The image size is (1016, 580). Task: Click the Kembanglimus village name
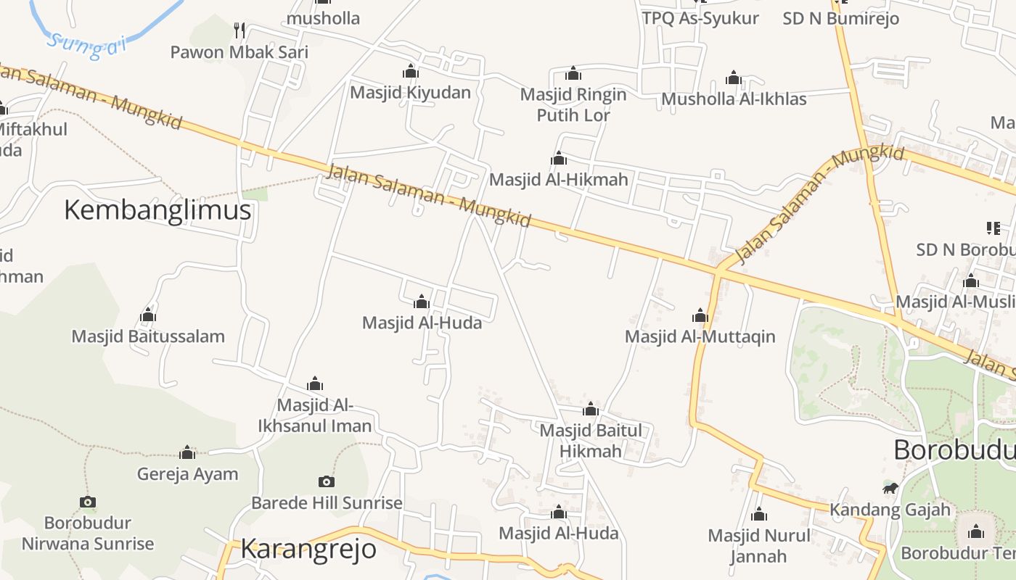coord(157,210)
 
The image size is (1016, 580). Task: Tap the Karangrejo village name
coord(308,549)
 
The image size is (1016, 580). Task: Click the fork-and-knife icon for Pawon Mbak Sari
coord(239,30)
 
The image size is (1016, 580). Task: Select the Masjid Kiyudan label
coord(410,92)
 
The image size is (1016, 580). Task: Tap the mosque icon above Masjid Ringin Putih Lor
coord(573,73)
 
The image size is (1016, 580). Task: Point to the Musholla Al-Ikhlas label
coord(734,99)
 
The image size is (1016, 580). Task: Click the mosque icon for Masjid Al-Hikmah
coord(559,158)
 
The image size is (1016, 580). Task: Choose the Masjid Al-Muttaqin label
coord(700,336)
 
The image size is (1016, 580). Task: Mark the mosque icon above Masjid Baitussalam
coord(148,315)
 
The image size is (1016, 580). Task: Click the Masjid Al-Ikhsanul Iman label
coord(315,415)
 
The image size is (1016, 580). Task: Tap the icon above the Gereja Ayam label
coord(187,453)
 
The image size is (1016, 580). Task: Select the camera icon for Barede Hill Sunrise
coord(327,481)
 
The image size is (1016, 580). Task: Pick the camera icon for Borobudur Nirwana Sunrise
coord(88,502)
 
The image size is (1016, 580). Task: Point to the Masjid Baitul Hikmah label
coord(591,441)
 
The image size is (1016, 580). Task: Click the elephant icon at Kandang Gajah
coord(890,488)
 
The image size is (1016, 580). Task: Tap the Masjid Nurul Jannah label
coord(758,546)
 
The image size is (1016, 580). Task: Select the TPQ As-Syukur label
coord(700,18)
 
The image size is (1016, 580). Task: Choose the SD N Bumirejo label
coord(840,18)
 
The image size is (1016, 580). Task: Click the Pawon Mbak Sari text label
coord(239,52)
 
